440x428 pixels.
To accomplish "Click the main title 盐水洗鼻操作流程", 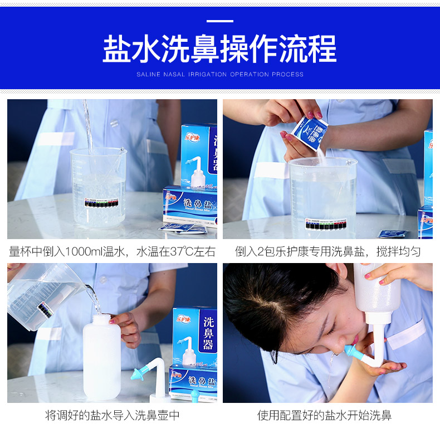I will (219, 49).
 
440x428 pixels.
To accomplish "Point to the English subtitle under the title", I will (220, 74).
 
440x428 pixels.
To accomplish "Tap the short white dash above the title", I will (219, 21).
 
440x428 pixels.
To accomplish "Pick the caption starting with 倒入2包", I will (327, 251).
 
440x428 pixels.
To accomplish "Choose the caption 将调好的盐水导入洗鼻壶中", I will (112, 415).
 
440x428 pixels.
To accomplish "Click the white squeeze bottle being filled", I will (101, 359).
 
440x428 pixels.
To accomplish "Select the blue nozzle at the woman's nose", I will (352, 352).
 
